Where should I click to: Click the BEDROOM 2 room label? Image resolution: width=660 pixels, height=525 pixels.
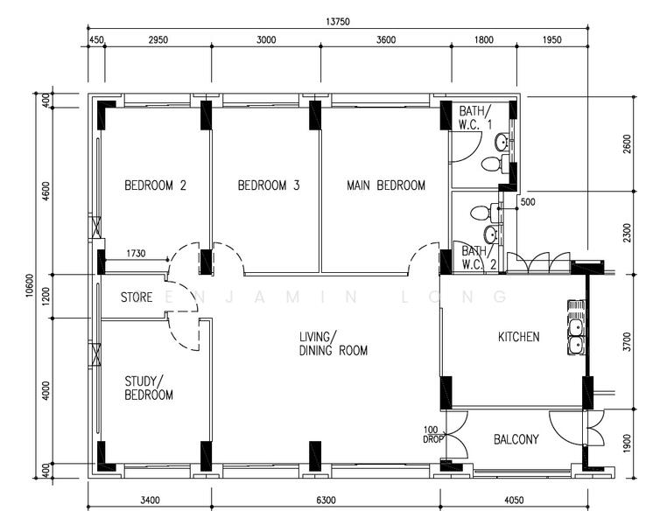(x=155, y=185)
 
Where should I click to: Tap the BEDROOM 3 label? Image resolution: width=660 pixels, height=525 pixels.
(x=269, y=185)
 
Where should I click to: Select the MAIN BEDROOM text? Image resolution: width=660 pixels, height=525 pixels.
(x=386, y=185)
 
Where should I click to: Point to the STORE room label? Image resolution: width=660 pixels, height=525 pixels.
(x=137, y=297)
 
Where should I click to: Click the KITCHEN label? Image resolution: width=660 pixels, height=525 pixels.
(x=518, y=337)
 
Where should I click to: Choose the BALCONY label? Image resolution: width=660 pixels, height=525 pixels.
(x=516, y=439)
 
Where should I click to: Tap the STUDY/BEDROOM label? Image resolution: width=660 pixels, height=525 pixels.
(x=149, y=388)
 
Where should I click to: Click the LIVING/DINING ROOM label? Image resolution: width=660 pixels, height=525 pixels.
(x=333, y=343)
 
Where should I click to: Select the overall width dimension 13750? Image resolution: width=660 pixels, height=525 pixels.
(x=338, y=22)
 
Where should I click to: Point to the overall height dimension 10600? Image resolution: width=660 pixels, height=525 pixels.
(x=29, y=285)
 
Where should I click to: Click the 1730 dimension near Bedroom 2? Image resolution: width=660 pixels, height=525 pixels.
(x=136, y=253)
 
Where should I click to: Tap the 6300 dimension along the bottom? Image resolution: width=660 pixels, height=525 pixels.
(x=326, y=500)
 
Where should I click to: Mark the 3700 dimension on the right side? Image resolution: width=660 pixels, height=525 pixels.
(x=627, y=341)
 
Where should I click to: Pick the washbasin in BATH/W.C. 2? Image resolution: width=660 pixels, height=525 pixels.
(x=490, y=234)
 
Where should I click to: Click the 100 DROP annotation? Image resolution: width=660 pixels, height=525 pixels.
(x=432, y=435)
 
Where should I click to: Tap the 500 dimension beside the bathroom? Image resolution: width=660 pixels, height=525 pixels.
(x=528, y=202)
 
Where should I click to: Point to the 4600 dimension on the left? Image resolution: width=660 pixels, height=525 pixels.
(x=46, y=191)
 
